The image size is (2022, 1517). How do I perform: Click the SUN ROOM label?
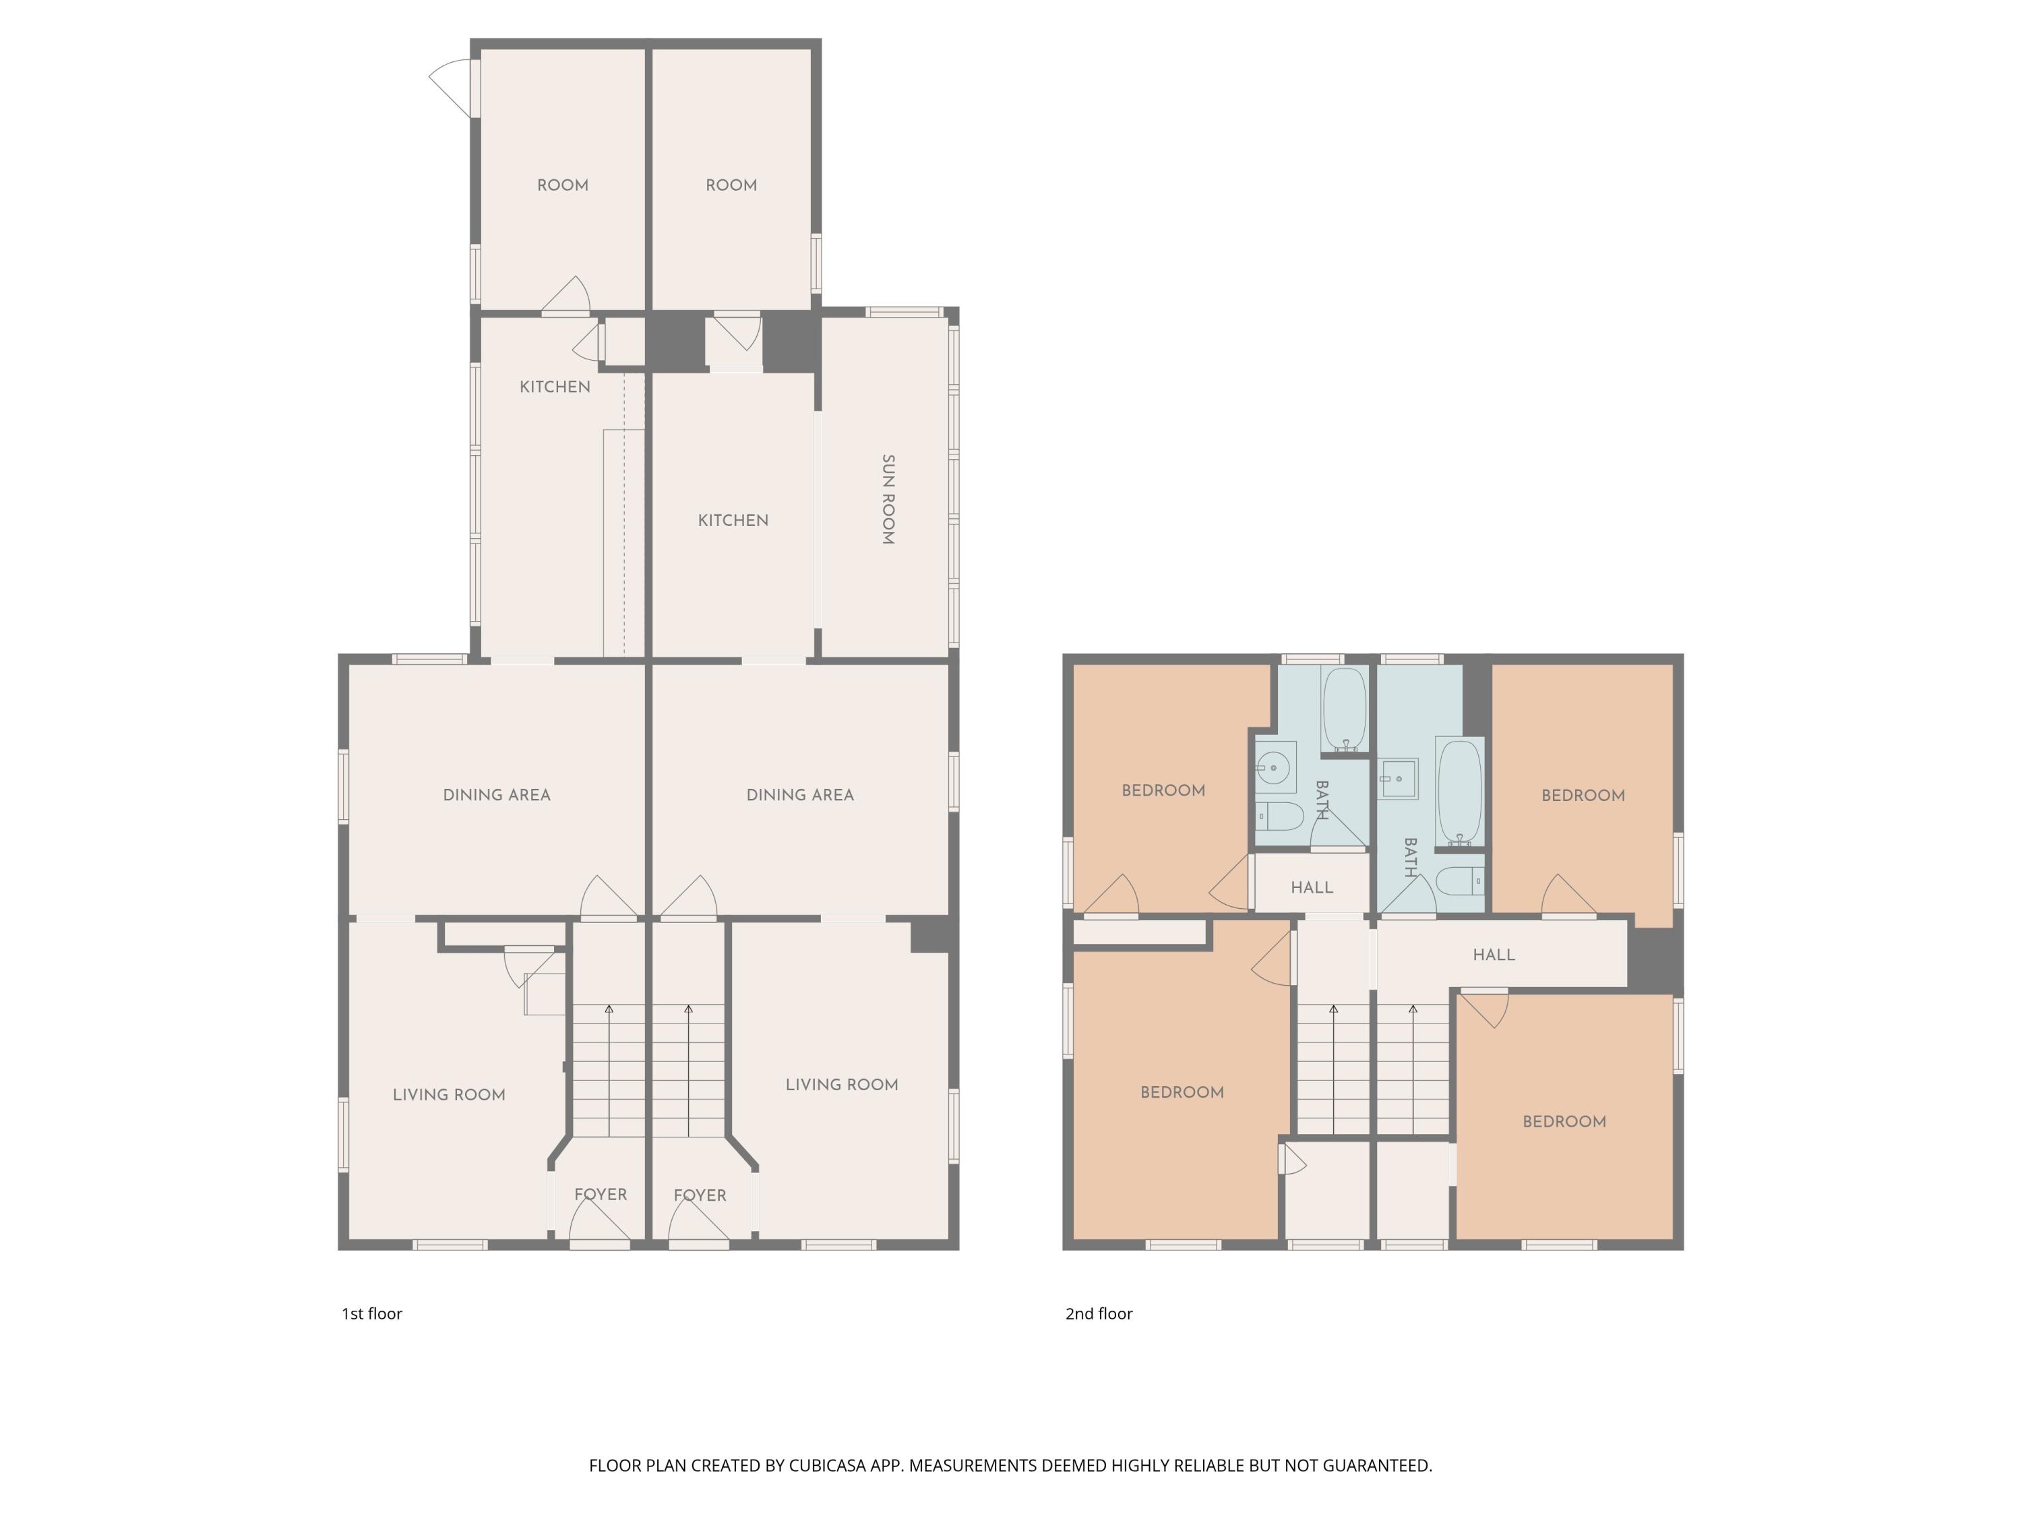(888, 500)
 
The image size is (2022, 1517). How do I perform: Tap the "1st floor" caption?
(372, 1314)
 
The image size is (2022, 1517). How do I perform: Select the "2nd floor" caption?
(1099, 1314)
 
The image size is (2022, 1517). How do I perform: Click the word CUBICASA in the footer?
(826, 1466)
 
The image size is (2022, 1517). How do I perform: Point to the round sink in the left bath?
(1273, 768)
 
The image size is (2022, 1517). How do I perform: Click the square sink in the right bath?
(1399, 778)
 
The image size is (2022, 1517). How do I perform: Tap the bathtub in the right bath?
(1459, 793)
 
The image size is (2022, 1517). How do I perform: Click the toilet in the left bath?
(1278, 816)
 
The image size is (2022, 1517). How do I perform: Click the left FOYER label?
(601, 1194)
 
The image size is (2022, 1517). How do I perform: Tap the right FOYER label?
(700, 1195)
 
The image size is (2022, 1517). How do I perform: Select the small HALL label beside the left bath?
(1312, 887)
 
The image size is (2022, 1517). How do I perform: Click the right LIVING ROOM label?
(842, 1084)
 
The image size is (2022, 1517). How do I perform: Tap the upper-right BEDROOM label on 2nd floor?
(1583, 796)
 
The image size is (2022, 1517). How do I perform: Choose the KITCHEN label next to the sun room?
(733, 520)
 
